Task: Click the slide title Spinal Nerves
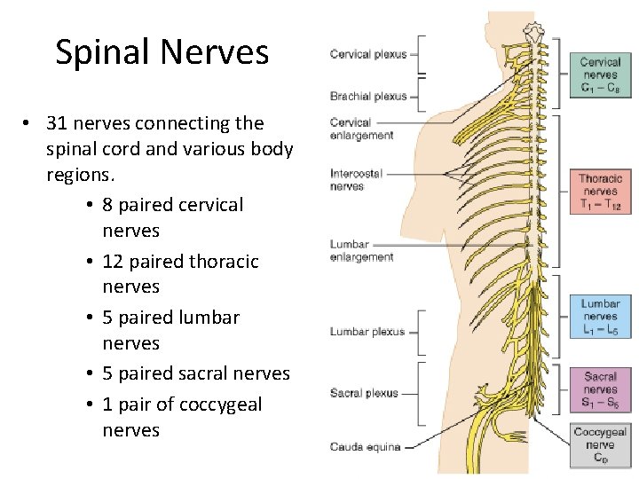pyautogui.click(x=162, y=52)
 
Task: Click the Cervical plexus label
pyautogui.click(x=367, y=54)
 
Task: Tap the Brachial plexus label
pyautogui.click(x=367, y=96)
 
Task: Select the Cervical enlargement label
pyautogui.click(x=361, y=129)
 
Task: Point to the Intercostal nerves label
pyautogui.click(x=356, y=180)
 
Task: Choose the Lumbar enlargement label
pyautogui.click(x=361, y=251)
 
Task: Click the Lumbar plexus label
pyautogui.click(x=367, y=332)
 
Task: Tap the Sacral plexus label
pyautogui.click(x=364, y=393)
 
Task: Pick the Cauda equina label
pyautogui.click(x=365, y=446)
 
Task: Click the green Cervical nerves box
pyautogui.click(x=600, y=75)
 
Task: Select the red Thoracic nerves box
pyautogui.click(x=600, y=191)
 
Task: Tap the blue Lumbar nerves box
pyautogui.click(x=600, y=317)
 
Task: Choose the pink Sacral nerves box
pyautogui.click(x=600, y=389)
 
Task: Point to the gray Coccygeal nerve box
pyautogui.click(x=600, y=445)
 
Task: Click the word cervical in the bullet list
pyautogui.click(x=211, y=205)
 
